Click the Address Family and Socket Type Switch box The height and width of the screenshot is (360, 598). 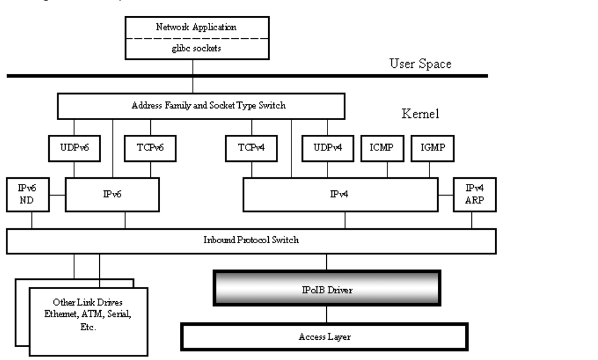coord(201,107)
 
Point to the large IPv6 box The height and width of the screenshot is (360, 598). coord(112,194)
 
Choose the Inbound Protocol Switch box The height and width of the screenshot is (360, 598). coord(251,240)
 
